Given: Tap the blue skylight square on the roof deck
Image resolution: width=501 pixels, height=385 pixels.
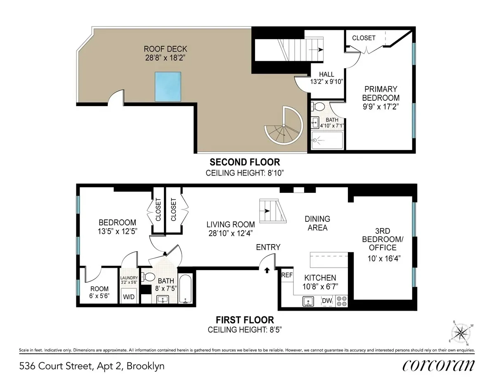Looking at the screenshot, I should (168, 86).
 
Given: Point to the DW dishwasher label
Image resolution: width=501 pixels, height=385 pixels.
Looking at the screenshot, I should (327, 301).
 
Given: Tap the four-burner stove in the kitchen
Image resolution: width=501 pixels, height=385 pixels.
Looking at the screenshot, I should (341, 301).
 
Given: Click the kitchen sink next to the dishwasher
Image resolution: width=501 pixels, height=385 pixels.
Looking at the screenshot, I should (307, 301).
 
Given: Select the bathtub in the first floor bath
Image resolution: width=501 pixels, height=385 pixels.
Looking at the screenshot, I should (185, 289).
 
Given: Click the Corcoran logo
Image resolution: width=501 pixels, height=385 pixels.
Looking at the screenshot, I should (438, 365).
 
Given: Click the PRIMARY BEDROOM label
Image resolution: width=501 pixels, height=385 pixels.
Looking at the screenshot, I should (380, 93).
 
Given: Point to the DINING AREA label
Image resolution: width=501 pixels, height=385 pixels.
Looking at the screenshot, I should (317, 223).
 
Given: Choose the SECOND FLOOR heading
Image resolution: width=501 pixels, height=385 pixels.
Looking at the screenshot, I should (245, 162).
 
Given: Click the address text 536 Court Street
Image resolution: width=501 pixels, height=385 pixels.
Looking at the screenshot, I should (92, 366).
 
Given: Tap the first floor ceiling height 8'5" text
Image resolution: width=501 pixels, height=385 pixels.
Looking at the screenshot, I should (245, 330).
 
